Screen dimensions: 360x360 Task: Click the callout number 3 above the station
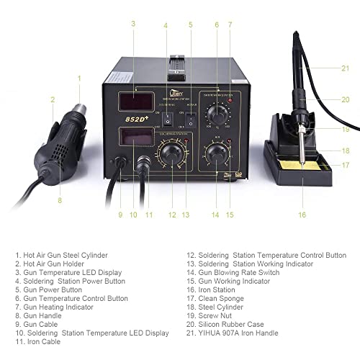coord(133,24)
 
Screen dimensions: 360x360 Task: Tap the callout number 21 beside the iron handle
coord(345,68)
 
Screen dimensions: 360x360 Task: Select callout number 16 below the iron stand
coord(302,215)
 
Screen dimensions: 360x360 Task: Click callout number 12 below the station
coord(171,215)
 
